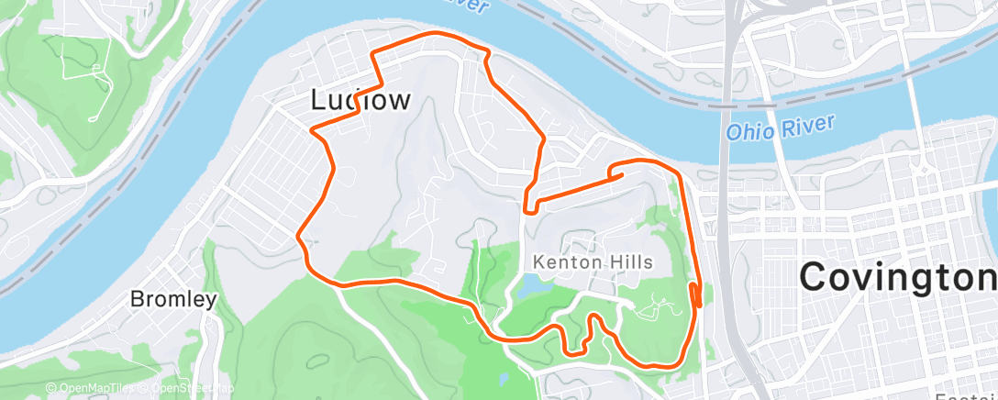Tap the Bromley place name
173,299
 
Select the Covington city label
898,275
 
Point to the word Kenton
562,262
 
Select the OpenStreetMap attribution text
183,389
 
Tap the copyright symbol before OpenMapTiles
50,389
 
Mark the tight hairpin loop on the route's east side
696,296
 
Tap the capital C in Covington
815,275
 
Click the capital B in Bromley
137,299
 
